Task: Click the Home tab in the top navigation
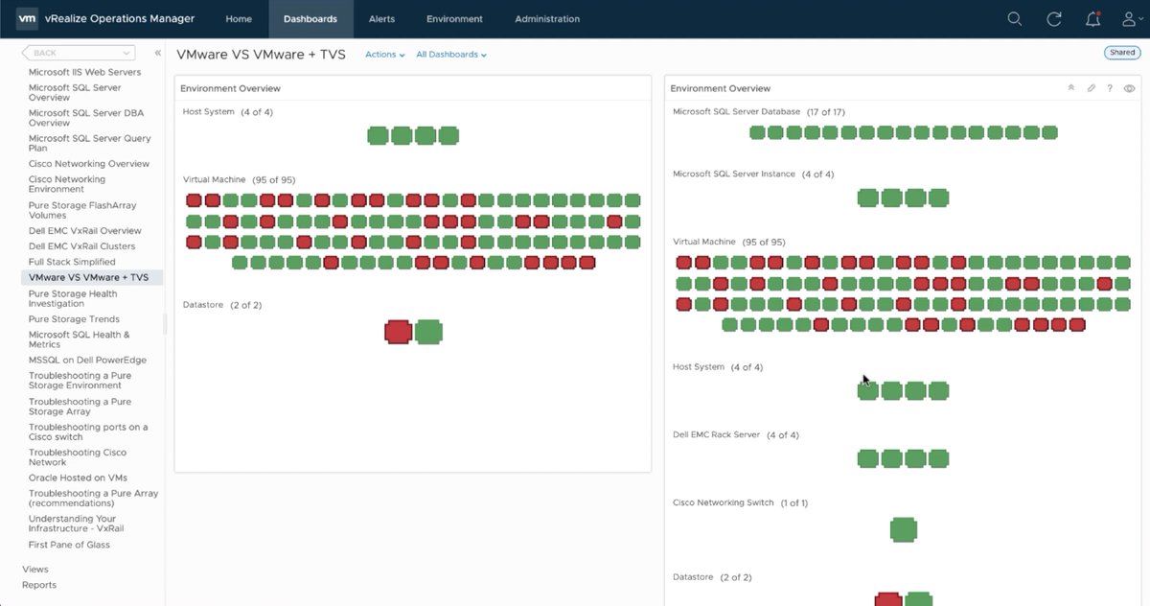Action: coord(239,19)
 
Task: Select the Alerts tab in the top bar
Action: coord(381,19)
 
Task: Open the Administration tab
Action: coord(546,19)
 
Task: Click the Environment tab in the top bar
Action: coord(454,19)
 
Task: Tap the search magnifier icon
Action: coord(1015,19)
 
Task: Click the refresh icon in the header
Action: coord(1054,19)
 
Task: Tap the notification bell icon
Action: coord(1092,19)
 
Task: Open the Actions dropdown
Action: coord(384,55)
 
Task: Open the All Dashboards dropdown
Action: coord(450,55)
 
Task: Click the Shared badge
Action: coord(1121,53)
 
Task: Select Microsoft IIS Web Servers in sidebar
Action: coord(84,72)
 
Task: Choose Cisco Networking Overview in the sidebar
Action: coord(88,164)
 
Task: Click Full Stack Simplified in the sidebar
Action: coord(72,262)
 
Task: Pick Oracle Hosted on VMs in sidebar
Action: coord(78,478)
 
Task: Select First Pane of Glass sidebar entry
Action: coord(69,545)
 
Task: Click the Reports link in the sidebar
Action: coord(39,585)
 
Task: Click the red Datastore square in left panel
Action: coord(398,332)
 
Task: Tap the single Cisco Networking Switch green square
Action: coord(903,529)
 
